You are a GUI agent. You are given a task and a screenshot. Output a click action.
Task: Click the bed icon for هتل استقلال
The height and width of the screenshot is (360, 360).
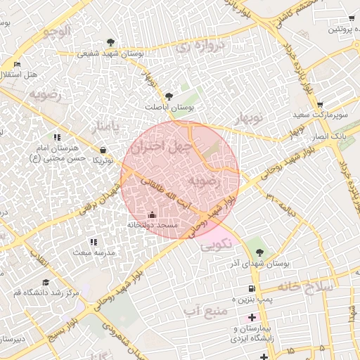click(17, 65)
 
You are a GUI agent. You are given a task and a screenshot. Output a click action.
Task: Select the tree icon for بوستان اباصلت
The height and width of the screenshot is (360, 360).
click(168, 96)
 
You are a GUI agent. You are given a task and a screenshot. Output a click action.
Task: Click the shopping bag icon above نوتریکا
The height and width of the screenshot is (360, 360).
click(103, 150)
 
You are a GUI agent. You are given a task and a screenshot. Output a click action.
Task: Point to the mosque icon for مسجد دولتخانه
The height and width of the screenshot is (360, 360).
click(153, 214)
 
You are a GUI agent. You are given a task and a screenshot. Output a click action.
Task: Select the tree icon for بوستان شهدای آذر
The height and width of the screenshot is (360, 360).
click(260, 252)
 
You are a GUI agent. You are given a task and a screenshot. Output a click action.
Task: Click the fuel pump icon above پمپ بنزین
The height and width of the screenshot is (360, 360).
click(251, 290)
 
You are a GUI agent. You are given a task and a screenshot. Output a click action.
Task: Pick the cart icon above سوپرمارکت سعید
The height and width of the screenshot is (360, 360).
click(320, 104)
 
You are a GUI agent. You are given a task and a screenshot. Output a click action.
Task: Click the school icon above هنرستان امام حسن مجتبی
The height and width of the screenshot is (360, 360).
click(57, 138)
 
